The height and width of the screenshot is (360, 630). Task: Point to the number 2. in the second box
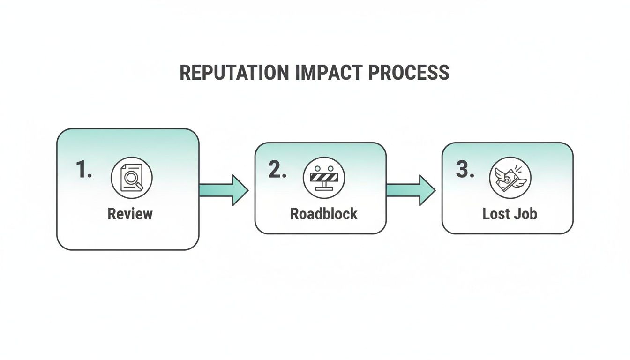[277, 170]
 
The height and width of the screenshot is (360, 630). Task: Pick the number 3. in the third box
[465, 170]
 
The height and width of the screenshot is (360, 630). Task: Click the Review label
[130, 214]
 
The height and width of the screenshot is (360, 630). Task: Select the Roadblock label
[324, 214]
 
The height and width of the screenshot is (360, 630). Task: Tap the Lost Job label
[510, 214]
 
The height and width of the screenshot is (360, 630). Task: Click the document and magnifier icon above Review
[131, 178]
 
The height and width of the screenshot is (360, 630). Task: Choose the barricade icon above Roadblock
[324, 178]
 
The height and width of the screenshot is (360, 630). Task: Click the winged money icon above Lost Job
[510, 178]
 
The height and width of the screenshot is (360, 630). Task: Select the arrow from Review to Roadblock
[223, 190]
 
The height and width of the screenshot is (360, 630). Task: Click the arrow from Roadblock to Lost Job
[411, 190]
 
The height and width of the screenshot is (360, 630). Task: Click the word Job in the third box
[525, 214]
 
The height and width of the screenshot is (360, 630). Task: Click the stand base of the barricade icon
[324, 189]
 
